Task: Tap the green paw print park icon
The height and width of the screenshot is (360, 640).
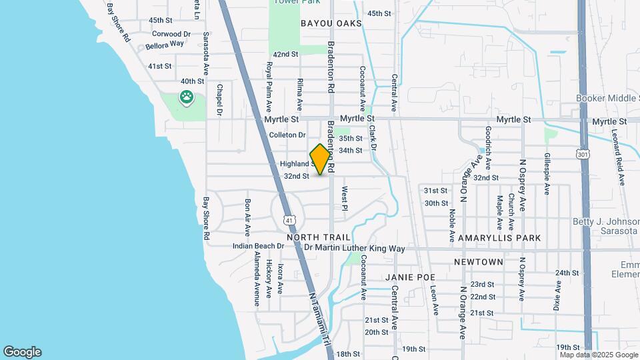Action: tap(185, 98)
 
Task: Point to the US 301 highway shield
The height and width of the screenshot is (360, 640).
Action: tap(583, 155)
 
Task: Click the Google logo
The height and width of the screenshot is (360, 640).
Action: tap(22, 351)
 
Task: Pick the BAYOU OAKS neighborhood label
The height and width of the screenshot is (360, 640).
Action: tap(331, 23)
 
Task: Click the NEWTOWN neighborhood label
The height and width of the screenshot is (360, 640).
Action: tap(479, 262)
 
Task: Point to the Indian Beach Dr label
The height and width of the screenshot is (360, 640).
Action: tap(258, 246)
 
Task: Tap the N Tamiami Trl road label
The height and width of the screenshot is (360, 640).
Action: tap(320, 320)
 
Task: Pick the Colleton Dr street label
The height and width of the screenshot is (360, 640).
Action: tap(287, 135)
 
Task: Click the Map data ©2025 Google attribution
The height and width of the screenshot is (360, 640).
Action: tap(599, 354)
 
